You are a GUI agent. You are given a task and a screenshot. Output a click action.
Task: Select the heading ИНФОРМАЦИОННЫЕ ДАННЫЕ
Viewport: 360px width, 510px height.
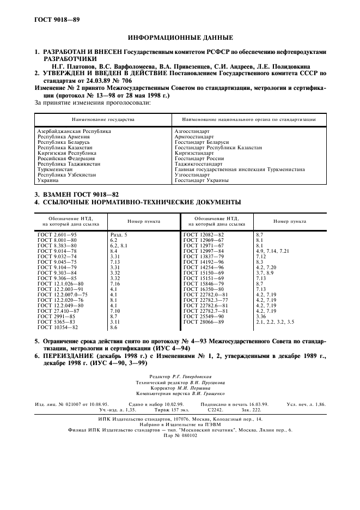(x=180, y=38)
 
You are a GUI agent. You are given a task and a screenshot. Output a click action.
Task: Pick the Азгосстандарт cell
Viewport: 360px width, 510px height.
(x=191, y=131)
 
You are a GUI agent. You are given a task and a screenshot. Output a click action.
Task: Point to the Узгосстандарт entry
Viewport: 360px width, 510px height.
(x=192, y=174)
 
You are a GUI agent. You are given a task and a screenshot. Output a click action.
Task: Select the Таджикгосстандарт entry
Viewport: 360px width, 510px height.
(x=198, y=163)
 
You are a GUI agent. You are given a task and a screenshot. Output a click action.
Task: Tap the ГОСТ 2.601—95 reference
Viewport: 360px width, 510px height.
(x=59, y=234)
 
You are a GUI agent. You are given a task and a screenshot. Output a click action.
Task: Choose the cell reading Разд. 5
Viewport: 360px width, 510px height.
(x=119, y=234)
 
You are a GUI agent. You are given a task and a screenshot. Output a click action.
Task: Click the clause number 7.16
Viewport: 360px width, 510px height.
(x=115, y=283)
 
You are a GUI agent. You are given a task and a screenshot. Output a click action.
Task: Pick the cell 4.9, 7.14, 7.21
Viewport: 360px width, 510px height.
(x=272, y=251)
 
